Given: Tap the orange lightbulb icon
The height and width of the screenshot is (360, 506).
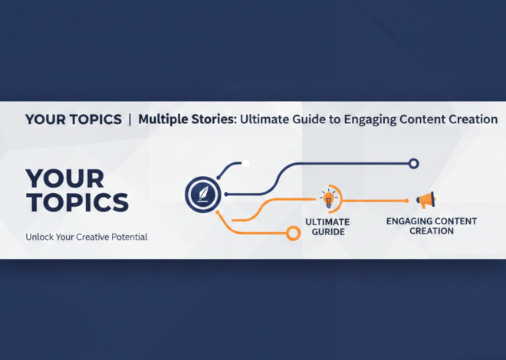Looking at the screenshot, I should coord(329,199).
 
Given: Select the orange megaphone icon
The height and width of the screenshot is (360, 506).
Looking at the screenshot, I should coord(426,201).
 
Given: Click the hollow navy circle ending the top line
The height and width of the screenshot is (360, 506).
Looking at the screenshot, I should coord(413,163).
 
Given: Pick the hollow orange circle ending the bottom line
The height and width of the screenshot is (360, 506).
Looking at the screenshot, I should coord(291,233).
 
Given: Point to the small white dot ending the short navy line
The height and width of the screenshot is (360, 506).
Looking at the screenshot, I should coord(245,163).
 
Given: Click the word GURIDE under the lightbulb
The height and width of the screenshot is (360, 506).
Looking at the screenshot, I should coord(328,231).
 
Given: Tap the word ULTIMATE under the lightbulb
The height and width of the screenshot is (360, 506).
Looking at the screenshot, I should coord(328,221).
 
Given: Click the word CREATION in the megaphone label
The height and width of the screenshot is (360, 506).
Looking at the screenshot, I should coord(431,231).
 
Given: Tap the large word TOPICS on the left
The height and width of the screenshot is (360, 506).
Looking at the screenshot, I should coord(76,203).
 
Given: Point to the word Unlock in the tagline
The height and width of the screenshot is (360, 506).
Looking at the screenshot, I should coord(41,237).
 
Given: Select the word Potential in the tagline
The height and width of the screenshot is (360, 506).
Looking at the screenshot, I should coord(127,237).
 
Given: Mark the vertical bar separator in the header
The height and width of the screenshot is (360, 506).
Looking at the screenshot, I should coord(130,119).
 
